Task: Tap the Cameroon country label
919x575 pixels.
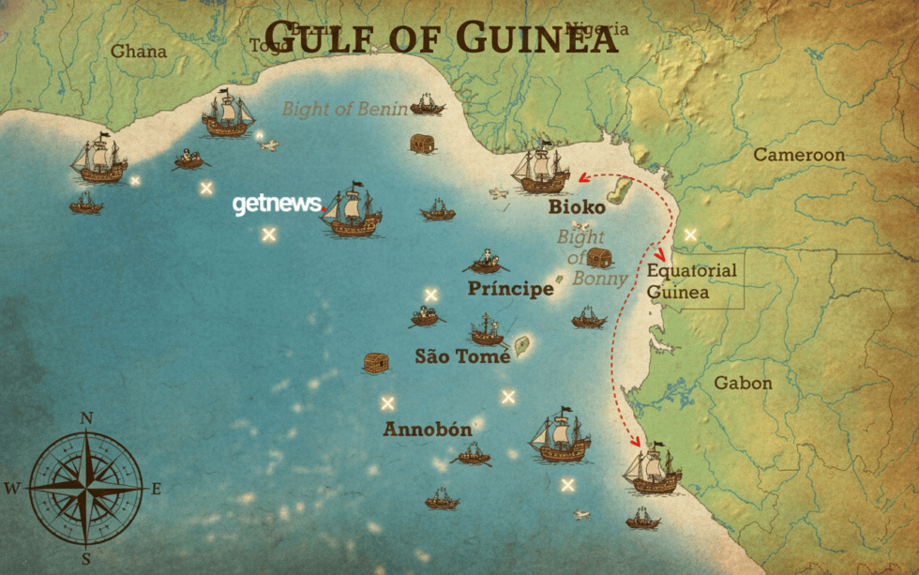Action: (x=799, y=155)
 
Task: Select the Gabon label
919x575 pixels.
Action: (x=743, y=383)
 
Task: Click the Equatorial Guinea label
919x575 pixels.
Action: (x=692, y=281)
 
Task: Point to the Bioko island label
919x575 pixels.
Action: (x=577, y=207)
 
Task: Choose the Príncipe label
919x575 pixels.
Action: (x=510, y=289)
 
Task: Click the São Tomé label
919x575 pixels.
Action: (x=462, y=356)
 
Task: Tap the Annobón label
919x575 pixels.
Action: (x=427, y=430)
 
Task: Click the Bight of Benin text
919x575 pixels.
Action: (x=345, y=109)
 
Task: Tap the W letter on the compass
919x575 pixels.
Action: (x=12, y=488)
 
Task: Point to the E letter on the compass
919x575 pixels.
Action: (x=157, y=488)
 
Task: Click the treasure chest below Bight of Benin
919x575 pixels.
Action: (x=422, y=144)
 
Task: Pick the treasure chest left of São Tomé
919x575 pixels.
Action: (x=376, y=362)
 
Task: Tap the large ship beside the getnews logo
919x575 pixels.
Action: (x=352, y=211)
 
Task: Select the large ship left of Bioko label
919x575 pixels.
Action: (x=540, y=170)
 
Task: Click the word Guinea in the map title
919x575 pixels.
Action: (x=537, y=38)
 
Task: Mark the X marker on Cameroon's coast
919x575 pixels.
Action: (x=691, y=235)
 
